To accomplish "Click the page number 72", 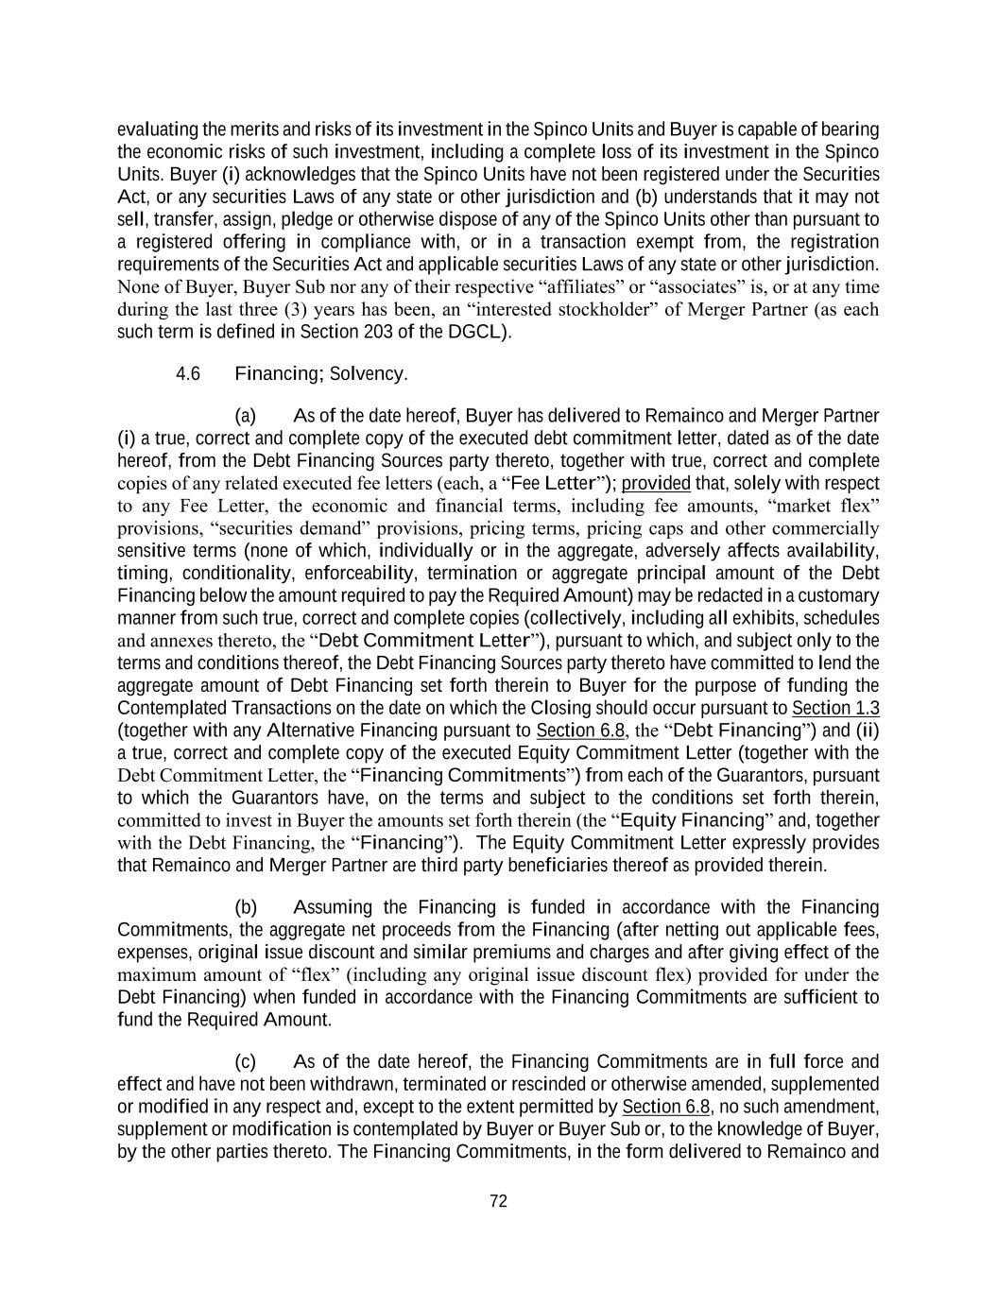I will [x=499, y=1201].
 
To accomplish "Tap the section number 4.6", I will [x=188, y=373].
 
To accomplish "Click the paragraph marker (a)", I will [x=246, y=416].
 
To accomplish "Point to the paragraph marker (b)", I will [x=246, y=907].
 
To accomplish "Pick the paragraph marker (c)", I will [x=246, y=1061].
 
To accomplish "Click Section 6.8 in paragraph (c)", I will [x=665, y=1107].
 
